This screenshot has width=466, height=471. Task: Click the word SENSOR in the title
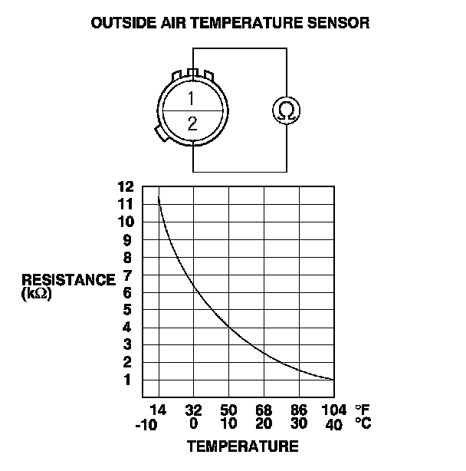(340, 23)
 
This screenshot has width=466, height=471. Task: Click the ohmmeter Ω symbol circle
(287, 110)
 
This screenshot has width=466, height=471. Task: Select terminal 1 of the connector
(192, 98)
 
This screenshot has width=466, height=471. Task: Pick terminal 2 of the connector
(192, 124)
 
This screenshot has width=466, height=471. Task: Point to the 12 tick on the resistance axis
(126, 186)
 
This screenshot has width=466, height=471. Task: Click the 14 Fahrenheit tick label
(157, 410)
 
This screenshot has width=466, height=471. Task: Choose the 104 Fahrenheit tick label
(334, 410)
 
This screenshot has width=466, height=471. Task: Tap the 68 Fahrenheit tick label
(264, 410)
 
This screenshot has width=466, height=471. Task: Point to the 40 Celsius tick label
(334, 424)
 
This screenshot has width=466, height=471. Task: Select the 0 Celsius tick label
(193, 424)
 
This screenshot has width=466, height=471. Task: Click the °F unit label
(363, 410)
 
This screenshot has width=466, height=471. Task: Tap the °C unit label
(363, 423)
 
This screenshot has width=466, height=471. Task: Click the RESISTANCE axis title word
(68, 279)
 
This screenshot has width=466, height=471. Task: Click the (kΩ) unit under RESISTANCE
(36, 292)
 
